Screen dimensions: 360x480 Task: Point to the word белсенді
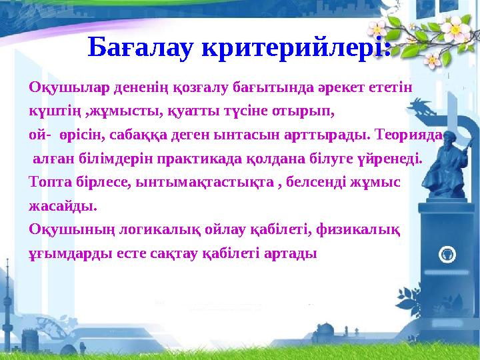coord(316,181)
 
